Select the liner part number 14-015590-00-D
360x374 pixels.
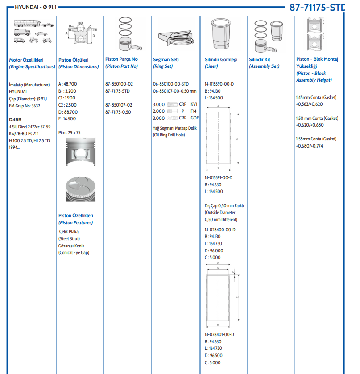pos(219,84)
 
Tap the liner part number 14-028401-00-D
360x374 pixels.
pos(219,334)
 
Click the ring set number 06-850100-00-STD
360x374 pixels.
pos(171,84)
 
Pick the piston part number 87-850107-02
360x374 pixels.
pos(119,105)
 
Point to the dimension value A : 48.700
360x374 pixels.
pos(67,84)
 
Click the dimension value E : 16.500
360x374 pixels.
pos(67,119)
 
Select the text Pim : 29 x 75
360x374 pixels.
pos(70,132)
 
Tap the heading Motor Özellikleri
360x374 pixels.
pos(26,59)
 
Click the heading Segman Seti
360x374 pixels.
pos(166,59)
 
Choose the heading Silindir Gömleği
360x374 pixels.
pos(221,59)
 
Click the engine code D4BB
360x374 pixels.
pos(15,119)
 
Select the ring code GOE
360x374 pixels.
pos(195,118)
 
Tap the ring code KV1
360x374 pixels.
pos(194,104)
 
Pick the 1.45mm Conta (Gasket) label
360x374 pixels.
pos(316,97)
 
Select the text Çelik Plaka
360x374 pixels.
pos(70,232)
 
